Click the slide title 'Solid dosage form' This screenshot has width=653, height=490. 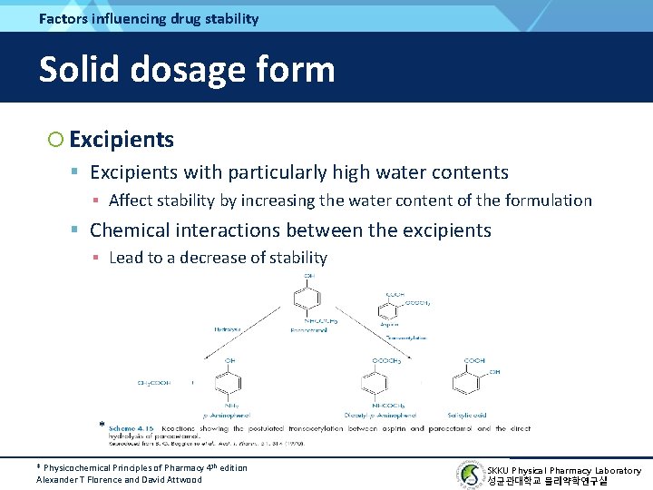[x=186, y=69]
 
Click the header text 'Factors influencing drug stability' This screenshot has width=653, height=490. [x=149, y=18]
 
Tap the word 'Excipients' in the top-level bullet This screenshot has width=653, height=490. [x=122, y=140]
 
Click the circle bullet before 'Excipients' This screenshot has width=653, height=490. [x=55, y=140]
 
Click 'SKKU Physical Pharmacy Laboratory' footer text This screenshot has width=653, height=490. [x=563, y=470]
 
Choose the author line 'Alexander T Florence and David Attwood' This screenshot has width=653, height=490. [x=119, y=479]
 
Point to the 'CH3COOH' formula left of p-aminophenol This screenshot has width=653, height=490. [x=155, y=383]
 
